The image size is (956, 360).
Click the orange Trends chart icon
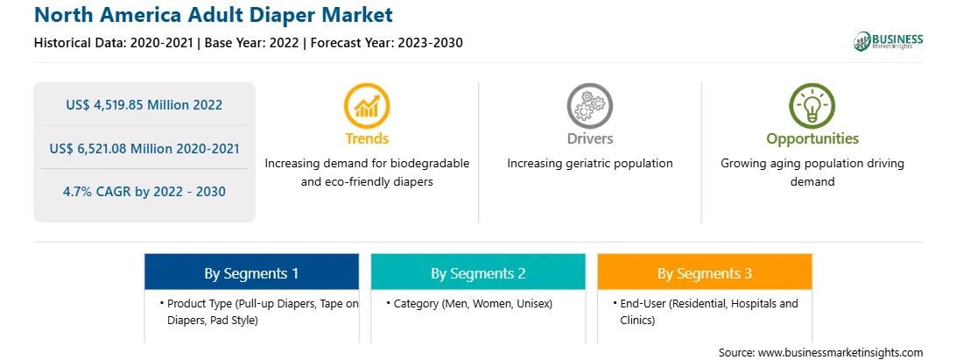367,106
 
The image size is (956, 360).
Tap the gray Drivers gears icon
589,106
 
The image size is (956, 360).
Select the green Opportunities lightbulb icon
812,106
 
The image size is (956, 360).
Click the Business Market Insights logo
888,41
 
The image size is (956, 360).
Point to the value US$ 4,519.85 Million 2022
144,105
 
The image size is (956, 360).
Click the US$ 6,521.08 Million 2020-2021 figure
144,148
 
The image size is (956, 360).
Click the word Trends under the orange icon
367,138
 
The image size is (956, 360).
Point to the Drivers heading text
589,138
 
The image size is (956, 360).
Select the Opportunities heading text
812,138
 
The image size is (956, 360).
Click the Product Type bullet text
259,312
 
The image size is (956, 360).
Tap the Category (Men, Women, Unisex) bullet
469,304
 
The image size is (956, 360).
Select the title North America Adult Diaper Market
214,15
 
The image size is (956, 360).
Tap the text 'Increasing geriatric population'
589,164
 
